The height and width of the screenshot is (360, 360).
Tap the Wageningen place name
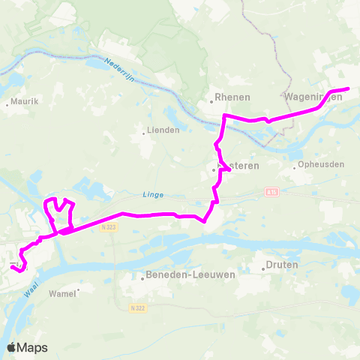[314, 97]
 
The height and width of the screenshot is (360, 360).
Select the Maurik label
[25, 100]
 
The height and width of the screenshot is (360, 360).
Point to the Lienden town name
[165, 130]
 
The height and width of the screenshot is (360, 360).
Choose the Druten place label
[282, 265]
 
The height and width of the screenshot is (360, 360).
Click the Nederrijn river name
[118, 70]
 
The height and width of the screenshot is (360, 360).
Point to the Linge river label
[152, 195]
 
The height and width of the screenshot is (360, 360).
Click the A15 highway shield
[271, 192]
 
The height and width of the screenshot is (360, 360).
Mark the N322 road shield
[136, 307]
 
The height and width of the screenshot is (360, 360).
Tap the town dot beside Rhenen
[211, 97]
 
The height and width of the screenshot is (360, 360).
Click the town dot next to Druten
[262, 265]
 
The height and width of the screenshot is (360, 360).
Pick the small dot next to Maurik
[7, 104]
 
